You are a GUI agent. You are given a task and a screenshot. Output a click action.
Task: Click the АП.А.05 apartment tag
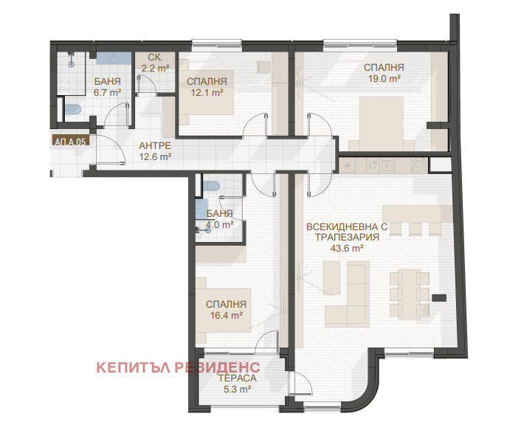pyautogui.click(x=70, y=142)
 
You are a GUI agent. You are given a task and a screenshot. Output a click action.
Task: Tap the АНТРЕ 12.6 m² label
pyautogui.click(x=155, y=151)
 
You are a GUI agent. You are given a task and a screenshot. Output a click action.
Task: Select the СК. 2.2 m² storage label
pyautogui.click(x=155, y=63)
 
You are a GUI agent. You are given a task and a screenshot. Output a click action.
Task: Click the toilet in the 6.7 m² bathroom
pyautogui.click(x=73, y=109)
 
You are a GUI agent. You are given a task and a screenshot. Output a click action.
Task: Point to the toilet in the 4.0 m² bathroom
pyautogui.click(x=211, y=187)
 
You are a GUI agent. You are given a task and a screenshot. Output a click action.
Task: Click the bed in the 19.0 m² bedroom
pyautogui.click(x=382, y=123)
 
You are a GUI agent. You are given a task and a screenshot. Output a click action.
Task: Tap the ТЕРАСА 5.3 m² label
pyautogui.click(x=237, y=384)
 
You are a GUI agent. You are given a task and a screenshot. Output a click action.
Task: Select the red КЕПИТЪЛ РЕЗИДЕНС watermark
pyautogui.click(x=178, y=367)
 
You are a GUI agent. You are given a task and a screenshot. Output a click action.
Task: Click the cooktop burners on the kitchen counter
pyautogui.click(x=420, y=165)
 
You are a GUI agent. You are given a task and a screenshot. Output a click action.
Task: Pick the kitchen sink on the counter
pyautogui.click(x=388, y=165)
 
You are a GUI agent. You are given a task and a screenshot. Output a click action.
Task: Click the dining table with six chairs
pyautogui.click(x=410, y=294)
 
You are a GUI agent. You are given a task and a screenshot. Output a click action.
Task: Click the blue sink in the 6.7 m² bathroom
pyautogui.click(x=114, y=58)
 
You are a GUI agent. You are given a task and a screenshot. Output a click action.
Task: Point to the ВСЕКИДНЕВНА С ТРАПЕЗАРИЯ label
pyautogui.click(x=347, y=232)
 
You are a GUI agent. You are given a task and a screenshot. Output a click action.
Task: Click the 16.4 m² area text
pyautogui.click(x=227, y=315)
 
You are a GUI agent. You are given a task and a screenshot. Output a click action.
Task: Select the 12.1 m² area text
pyautogui.click(x=207, y=92)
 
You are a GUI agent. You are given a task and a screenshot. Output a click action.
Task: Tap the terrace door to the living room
pyautogui.click(x=300, y=384)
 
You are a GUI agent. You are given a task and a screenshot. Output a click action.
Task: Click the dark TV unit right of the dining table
pyautogui.click(x=439, y=298)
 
